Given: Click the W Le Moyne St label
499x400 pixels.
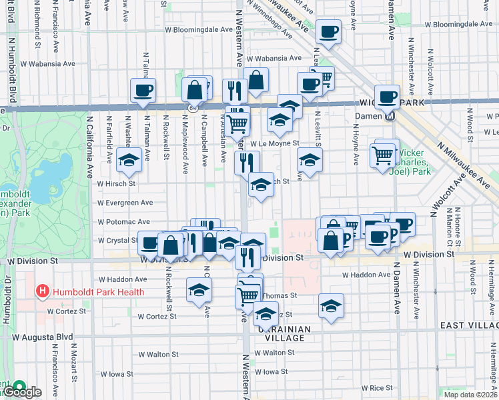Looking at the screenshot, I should (x=274, y=143).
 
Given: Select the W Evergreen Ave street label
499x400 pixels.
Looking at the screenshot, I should (x=125, y=203).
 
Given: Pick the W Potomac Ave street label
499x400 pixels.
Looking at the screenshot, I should (x=123, y=221).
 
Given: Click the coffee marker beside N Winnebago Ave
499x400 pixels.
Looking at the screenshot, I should (x=328, y=31).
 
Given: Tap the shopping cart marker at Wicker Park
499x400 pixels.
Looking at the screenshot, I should (x=383, y=155).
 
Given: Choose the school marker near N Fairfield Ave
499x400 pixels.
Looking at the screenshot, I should (x=128, y=159).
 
